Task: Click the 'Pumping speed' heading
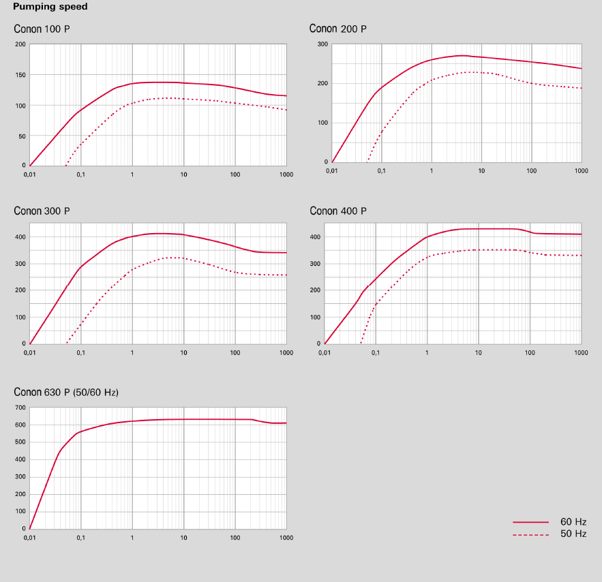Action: pyautogui.click(x=50, y=7)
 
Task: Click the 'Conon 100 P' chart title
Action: pyautogui.click(x=42, y=29)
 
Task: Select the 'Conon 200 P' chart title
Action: pyautogui.click(x=337, y=29)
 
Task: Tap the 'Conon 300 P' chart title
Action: pyautogui.click(x=42, y=211)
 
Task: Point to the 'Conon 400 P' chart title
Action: pyautogui.click(x=337, y=211)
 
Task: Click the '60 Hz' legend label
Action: pyautogui.click(x=573, y=521)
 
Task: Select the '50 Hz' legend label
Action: pyautogui.click(x=573, y=534)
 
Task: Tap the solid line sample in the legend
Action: pyautogui.click(x=530, y=522)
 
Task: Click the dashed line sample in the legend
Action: pyautogui.click(x=530, y=535)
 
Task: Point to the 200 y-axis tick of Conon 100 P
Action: pyautogui.click(x=20, y=44)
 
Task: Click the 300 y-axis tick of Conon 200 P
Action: pyautogui.click(x=322, y=44)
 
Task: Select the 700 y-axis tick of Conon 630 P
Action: pyautogui.click(x=20, y=408)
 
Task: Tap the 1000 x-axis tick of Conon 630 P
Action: pyautogui.click(x=286, y=538)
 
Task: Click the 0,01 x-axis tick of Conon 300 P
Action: pyautogui.click(x=30, y=352)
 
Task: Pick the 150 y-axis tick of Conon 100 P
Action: pyautogui.click(x=20, y=75)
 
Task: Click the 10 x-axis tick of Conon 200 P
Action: pyautogui.click(x=481, y=170)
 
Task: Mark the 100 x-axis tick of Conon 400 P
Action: pyautogui.click(x=530, y=352)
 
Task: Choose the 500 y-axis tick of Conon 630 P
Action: pyautogui.click(x=20, y=442)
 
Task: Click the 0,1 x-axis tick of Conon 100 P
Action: pyautogui.click(x=81, y=174)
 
